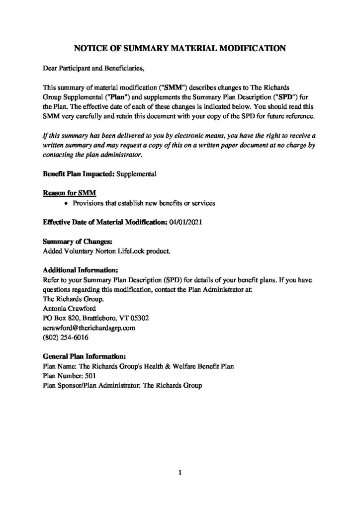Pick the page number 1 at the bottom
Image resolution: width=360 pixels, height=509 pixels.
(x=180, y=473)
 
